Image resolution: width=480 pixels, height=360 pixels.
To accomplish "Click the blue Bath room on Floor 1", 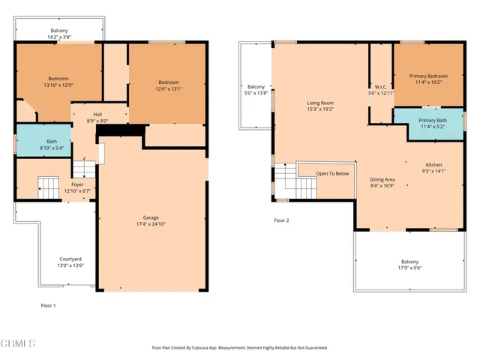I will (43, 141).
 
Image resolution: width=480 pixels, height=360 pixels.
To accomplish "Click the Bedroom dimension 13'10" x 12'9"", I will (58, 85).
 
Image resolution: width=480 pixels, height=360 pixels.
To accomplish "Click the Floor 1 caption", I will (48, 305).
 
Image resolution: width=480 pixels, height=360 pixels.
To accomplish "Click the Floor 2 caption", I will (281, 220).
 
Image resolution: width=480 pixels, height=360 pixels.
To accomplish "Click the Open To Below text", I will (332, 173).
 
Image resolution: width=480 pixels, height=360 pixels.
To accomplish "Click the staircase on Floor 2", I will (284, 181).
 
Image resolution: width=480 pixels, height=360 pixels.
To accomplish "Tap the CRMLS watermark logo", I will (18, 343).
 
